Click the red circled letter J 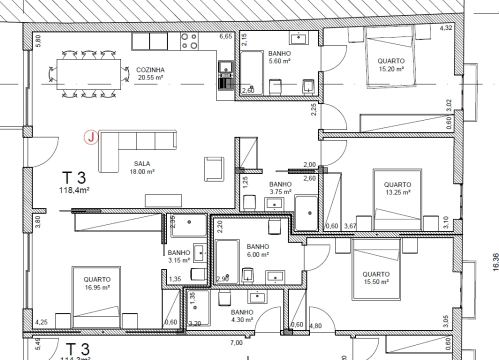[x=91, y=137]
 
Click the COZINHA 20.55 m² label [x=150, y=73]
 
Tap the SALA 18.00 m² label [x=142, y=167]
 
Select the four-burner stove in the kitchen [x=189, y=40]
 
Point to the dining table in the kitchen [x=88, y=74]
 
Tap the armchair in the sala [x=214, y=168]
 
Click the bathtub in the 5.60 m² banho [x=252, y=72]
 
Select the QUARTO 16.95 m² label [x=97, y=283]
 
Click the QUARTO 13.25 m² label [x=398, y=188]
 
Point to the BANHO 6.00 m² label [x=257, y=250]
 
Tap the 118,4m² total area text [x=74, y=189]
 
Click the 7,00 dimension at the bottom [x=236, y=343]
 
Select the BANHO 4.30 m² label [x=242, y=315]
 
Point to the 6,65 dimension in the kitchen [x=225, y=36]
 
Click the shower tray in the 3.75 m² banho [x=306, y=212]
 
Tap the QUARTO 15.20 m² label [x=391, y=65]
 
